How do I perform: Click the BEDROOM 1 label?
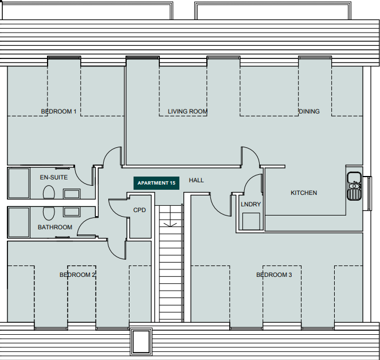click(58, 111)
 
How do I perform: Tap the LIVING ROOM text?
click(187, 111)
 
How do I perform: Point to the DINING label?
click(309, 111)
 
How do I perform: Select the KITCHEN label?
click(303, 193)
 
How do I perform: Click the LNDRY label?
click(250, 204)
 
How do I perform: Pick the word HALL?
click(196, 180)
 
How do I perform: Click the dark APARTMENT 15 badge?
click(156, 183)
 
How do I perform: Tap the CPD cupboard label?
click(139, 210)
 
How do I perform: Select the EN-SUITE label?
click(53, 177)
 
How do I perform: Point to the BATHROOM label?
click(55, 227)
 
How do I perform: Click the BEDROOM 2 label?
click(77, 275)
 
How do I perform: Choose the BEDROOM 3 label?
click(274, 275)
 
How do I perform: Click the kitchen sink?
click(354, 186)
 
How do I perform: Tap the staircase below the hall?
click(171, 258)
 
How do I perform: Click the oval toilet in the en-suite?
click(49, 193)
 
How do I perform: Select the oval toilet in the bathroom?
click(49, 213)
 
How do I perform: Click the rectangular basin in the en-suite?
click(72, 193)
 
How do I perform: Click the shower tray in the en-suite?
click(19, 183)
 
